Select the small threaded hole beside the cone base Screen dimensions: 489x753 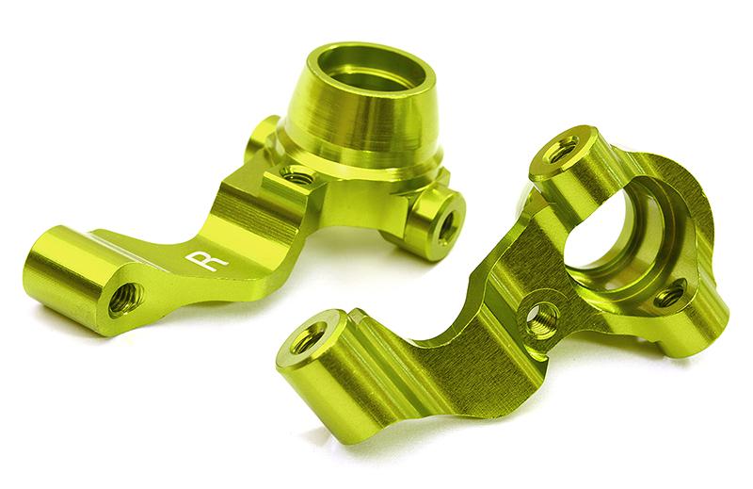click(x=297, y=176)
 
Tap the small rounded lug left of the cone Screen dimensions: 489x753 click(x=264, y=137)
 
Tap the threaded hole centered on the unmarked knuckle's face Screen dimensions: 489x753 click(x=539, y=319)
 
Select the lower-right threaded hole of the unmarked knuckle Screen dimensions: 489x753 click(x=669, y=299)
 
